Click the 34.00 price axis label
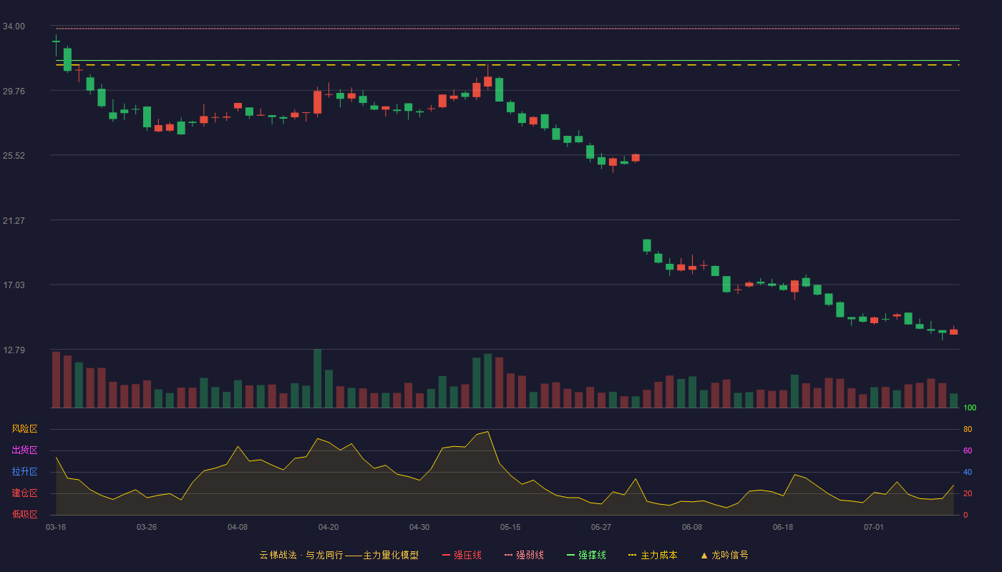point(14,26)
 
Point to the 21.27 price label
point(14,220)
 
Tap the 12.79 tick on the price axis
point(14,350)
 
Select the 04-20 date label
point(329,527)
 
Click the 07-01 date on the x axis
point(874,527)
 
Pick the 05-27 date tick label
point(600,527)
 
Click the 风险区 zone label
point(24,428)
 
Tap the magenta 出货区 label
point(24,450)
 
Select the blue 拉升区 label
point(24,471)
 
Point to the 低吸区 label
point(24,514)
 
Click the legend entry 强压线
point(462,555)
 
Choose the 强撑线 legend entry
point(586,555)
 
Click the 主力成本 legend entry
point(653,555)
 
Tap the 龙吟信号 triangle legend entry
point(724,555)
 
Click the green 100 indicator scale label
point(970,408)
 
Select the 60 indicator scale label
point(968,450)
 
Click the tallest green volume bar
point(318,378)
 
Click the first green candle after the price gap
point(647,246)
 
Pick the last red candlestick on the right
point(953,331)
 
